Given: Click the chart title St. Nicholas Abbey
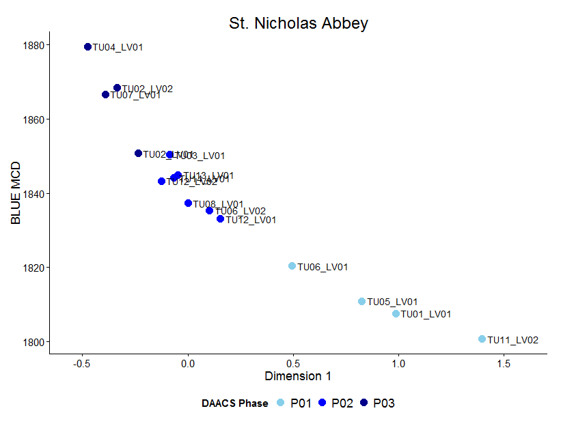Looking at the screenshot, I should pyautogui.click(x=299, y=23).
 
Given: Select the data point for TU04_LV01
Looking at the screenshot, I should pyautogui.click(x=87, y=47).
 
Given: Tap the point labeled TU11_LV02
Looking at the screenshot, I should pyautogui.click(x=482, y=339).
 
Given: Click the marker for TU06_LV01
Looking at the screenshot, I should pyautogui.click(x=292, y=266).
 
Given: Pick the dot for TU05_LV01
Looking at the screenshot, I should pyautogui.click(x=362, y=302).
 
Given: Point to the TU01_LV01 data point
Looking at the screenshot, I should pyautogui.click(x=396, y=314).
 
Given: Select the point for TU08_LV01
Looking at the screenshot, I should pyautogui.click(x=188, y=203).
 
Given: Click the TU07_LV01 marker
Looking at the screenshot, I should pyautogui.click(x=105, y=95).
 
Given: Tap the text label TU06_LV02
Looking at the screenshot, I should pyautogui.click(x=241, y=212).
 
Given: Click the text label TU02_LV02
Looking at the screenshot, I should pyautogui.click(x=148, y=89).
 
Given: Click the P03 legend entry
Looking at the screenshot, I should pyautogui.click(x=376, y=403).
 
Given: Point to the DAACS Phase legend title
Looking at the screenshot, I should pyautogui.click(x=234, y=403).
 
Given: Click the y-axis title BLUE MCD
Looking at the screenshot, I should pyautogui.click(x=16, y=193).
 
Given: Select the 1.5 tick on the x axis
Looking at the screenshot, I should pyautogui.click(x=503, y=362).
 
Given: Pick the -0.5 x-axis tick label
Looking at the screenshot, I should pyautogui.click(x=82, y=362).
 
